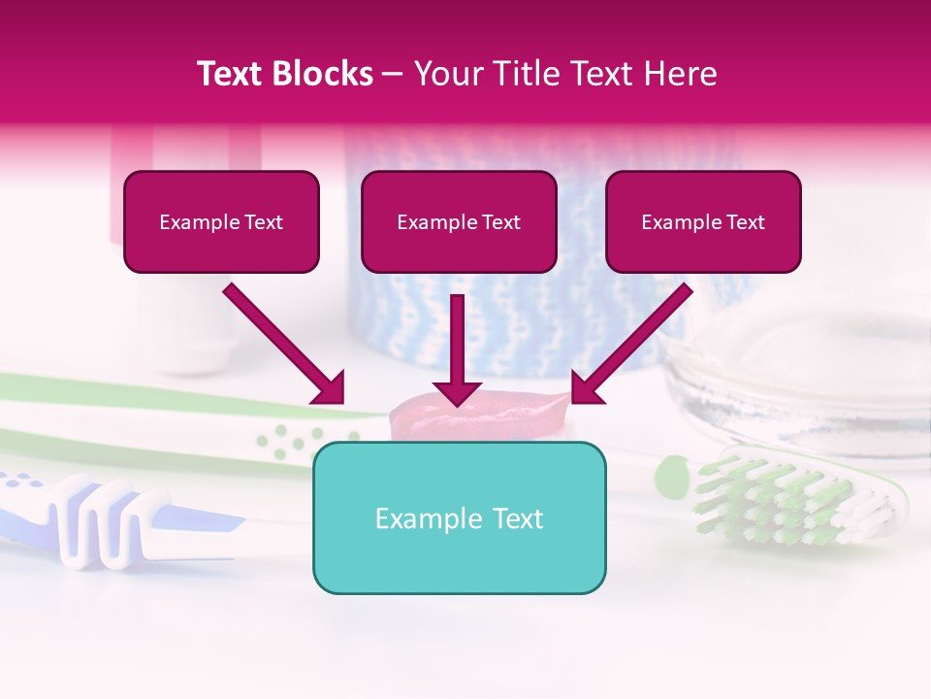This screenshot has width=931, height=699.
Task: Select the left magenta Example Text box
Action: click(221, 222)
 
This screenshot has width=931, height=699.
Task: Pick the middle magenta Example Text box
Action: click(459, 222)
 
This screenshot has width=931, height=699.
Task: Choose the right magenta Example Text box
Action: click(703, 222)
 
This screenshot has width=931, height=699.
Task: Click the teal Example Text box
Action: click(459, 517)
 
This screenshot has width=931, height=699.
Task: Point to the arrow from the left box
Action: click(284, 344)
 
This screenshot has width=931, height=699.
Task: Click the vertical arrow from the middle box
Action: click(457, 349)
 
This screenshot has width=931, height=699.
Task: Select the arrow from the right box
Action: click(631, 344)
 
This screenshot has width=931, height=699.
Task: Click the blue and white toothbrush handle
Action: click(107, 519)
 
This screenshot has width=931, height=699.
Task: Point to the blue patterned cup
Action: click(543, 291)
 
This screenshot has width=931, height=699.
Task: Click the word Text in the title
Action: click(233, 74)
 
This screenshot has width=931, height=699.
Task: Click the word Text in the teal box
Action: click(517, 518)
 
